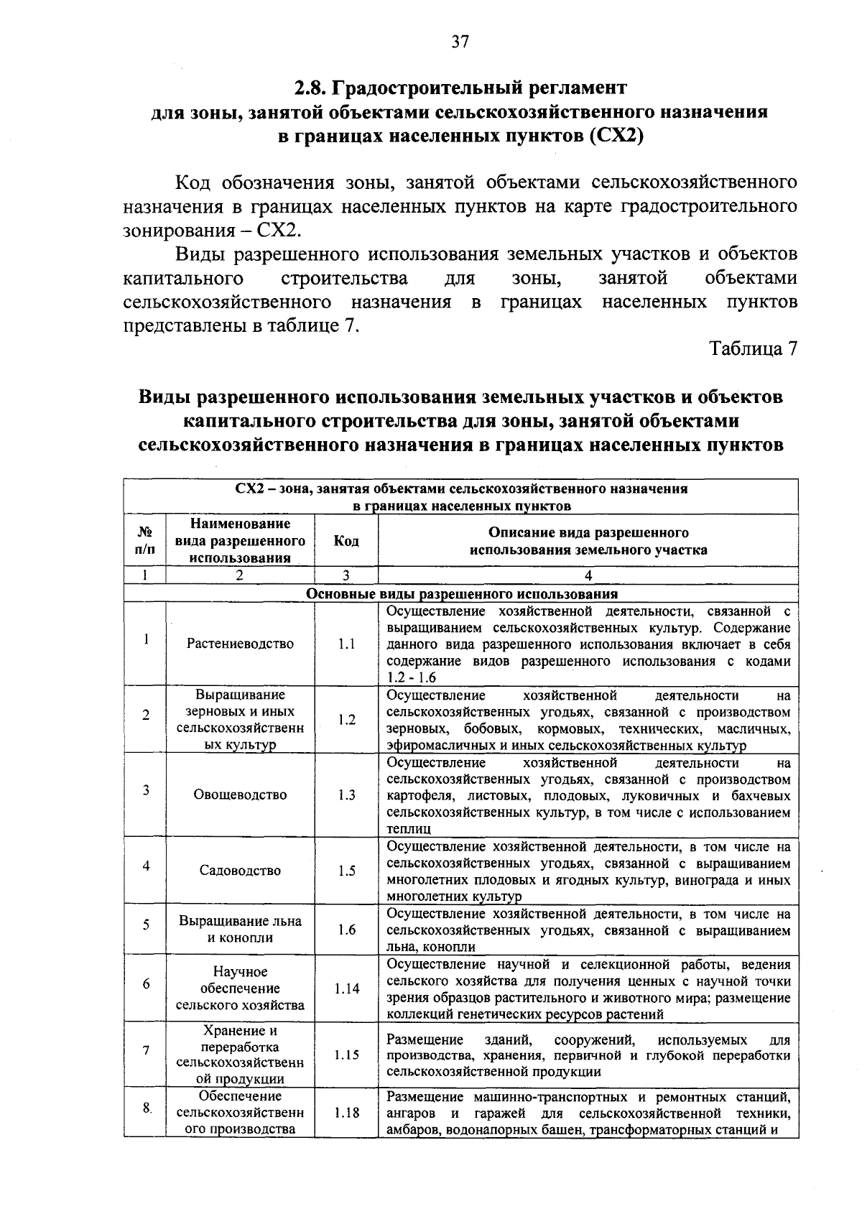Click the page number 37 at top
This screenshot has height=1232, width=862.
tap(460, 42)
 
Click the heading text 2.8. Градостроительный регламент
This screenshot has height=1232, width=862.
tap(460, 88)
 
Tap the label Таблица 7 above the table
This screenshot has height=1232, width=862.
tap(754, 349)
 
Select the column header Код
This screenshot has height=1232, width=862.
tap(346, 541)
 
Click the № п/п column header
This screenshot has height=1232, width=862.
tap(145, 541)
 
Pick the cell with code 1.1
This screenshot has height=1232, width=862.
tap(346, 644)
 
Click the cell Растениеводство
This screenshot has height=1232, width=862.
tap(240, 644)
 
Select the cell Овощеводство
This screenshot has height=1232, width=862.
tap(240, 795)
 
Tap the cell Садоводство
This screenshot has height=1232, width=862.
tap(240, 871)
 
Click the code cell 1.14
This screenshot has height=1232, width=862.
tap(346, 988)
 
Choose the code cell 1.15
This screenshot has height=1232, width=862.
tap(346, 1055)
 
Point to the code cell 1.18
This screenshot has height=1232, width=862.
tap(346, 1113)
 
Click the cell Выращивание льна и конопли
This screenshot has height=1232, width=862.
tap(240, 930)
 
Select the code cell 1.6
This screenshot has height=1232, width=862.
tap(346, 930)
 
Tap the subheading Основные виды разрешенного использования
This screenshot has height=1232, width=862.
tap(461, 594)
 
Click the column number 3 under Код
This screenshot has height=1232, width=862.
tap(346, 575)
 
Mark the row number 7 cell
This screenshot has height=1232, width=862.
tap(145, 1050)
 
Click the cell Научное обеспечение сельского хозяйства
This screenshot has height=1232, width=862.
tap(240, 988)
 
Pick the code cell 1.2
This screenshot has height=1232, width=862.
tap(346, 720)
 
